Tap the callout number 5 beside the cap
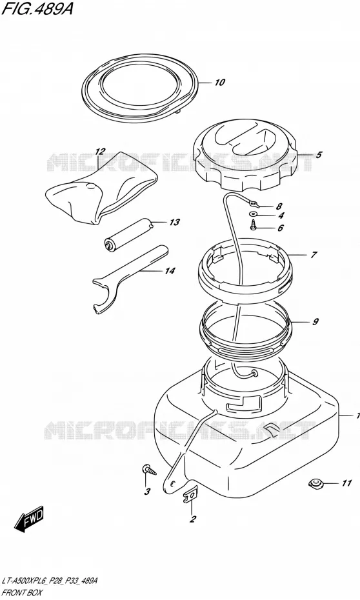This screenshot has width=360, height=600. click(319, 155)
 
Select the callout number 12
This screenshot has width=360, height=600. click(100, 152)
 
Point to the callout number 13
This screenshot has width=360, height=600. click(174, 223)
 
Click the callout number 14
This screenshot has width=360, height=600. click(170, 271)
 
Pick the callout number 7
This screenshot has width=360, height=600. click(314, 255)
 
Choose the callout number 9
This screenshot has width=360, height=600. click(315, 322)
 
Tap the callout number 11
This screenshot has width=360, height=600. click(346, 484)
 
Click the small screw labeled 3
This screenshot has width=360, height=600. click(149, 469)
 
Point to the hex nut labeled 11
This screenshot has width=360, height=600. click(316, 484)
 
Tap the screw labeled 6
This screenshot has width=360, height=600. click(254, 226)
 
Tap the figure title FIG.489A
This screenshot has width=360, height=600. click(37, 9)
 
